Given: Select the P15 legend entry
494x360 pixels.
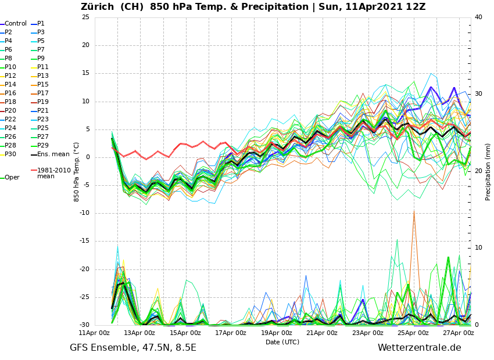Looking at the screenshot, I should (43, 85).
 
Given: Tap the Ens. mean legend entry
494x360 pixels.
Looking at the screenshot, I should (53, 154).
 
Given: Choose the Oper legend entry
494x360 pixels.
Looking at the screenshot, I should (12, 178).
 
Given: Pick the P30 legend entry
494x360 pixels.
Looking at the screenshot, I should (11, 154).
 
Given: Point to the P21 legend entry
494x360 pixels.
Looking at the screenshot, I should (43, 111).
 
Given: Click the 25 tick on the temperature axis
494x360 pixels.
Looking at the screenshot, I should (85, 17).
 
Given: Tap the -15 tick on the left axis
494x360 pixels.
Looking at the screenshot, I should (84, 242).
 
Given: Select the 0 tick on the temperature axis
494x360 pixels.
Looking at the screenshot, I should (87, 157).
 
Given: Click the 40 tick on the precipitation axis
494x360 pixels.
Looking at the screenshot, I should (478, 17).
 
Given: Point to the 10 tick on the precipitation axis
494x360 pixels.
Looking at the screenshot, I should (478, 248).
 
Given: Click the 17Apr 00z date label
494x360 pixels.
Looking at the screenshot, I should (231, 333).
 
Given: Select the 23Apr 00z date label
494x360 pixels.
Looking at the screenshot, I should (367, 333).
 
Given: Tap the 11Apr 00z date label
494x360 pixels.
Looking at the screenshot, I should (94, 333).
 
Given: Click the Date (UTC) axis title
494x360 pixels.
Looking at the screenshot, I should (282, 342).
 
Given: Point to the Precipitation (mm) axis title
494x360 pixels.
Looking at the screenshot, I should (488, 171).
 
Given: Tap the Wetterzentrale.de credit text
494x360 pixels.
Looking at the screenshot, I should (419, 348).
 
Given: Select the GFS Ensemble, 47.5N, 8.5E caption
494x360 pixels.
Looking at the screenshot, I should (133, 348).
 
